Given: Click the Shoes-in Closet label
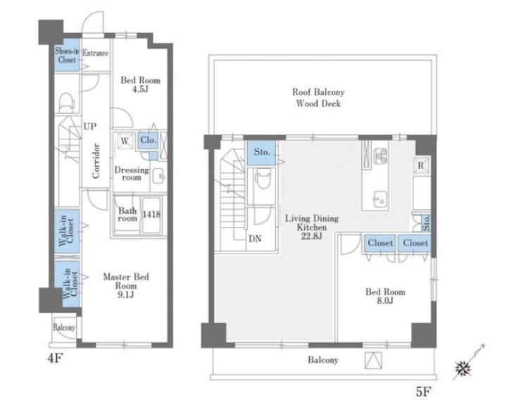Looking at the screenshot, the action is pos(67,55).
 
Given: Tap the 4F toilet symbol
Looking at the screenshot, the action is pos(67,102).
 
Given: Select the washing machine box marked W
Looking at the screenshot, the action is pos(125,141).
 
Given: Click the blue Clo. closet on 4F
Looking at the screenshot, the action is pos(148,140).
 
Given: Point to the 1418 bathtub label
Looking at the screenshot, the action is pos(151,214).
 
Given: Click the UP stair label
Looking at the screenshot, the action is pos(89,127).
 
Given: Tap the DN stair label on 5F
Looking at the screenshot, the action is pos(255,239).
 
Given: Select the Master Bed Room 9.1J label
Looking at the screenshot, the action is pos(126,286).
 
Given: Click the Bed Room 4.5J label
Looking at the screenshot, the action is pos(140,85).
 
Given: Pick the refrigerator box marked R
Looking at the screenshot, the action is pos(421,166).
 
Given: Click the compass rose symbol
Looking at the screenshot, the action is pos(463,368).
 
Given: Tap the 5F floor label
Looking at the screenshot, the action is pos(423,392).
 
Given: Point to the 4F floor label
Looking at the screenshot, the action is pos(55,358).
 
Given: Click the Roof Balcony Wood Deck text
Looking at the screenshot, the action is pos(318,98).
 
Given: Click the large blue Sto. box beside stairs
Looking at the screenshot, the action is pos(261,152).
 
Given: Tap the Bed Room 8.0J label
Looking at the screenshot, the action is pos(385,296).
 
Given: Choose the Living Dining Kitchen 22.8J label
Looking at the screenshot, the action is pos(312,227).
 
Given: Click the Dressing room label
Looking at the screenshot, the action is pos(132,173).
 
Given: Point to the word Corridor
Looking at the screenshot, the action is pos(96,161).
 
